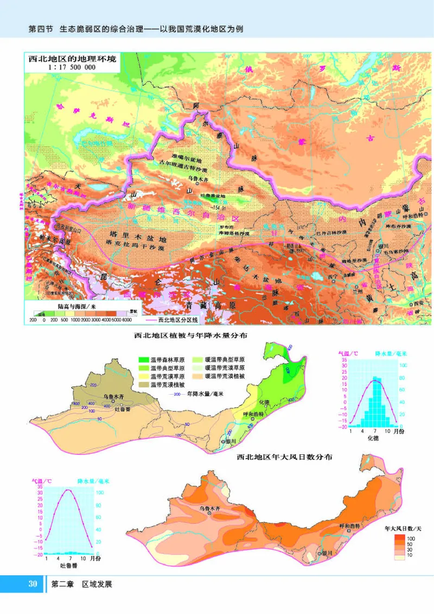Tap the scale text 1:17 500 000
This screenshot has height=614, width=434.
(x=72, y=68)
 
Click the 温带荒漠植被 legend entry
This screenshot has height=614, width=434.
(x=162, y=384)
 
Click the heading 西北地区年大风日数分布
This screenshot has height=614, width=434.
(x=284, y=457)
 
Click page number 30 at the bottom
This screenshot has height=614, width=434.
(x=32, y=584)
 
